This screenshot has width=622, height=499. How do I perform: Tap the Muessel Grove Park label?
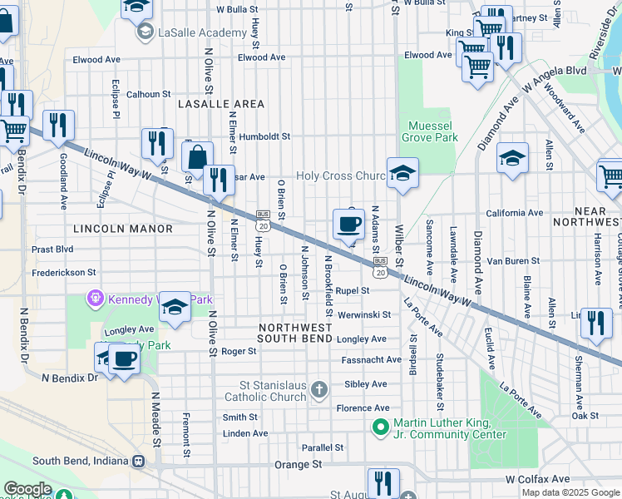tap(429, 131)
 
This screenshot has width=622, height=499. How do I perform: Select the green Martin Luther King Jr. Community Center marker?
tap(382, 427)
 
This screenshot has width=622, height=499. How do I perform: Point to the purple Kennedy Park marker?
tap(96, 297)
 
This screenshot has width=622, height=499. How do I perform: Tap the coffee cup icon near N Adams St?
tap(348, 224)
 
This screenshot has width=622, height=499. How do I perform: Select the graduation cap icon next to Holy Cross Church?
tap(402, 173)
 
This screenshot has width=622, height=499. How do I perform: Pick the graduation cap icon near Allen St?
tap(512, 157)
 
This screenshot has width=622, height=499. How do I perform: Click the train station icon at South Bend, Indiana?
tap(138, 461)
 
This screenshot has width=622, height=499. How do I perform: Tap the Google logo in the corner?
tap(27, 489)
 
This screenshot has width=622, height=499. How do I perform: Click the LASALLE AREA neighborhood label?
tap(221, 104)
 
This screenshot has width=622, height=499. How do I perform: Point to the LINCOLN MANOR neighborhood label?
tap(123, 228)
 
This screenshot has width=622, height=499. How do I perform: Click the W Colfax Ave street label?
tap(537, 479)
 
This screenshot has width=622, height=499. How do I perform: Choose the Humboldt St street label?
tap(261, 136)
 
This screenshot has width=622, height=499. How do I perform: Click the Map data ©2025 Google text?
tap(570, 492)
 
